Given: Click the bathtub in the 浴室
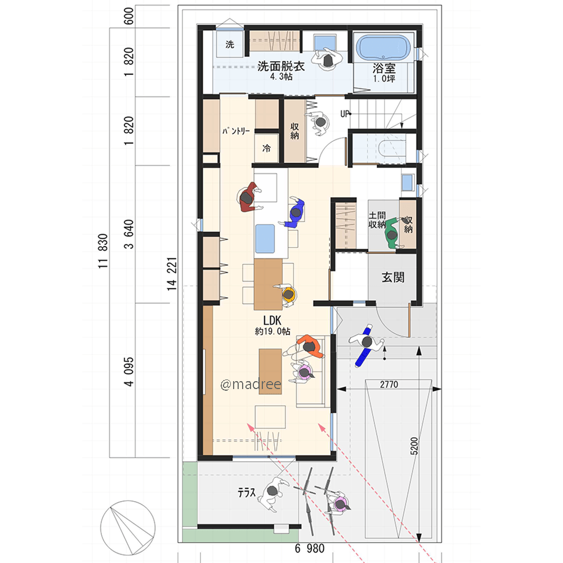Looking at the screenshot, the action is (x=383, y=48).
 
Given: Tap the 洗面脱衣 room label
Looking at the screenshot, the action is (x=281, y=66).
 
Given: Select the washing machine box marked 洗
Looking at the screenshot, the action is (x=230, y=44).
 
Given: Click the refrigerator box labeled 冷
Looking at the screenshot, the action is (x=266, y=148).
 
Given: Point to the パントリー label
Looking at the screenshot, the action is (x=235, y=131).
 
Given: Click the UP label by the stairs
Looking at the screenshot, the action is (x=345, y=114).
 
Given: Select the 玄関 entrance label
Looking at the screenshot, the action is (x=393, y=277).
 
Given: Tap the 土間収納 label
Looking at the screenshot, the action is (x=377, y=220).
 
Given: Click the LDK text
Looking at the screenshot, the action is (x=272, y=320).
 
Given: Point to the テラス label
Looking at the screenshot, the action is (x=247, y=493).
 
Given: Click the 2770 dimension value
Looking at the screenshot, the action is (x=389, y=385).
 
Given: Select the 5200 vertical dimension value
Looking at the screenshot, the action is (x=414, y=446).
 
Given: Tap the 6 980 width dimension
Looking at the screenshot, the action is (x=310, y=548).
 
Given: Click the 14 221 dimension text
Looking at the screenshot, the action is (x=172, y=274).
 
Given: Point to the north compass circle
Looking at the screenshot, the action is (x=127, y=528).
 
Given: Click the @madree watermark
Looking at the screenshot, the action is (x=251, y=385).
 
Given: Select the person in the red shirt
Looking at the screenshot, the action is (x=248, y=198).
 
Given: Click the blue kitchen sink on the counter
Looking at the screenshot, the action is (x=265, y=239).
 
